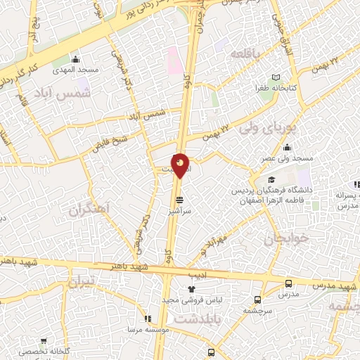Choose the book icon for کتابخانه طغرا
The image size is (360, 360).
click(276, 77)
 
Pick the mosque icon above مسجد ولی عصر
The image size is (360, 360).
click(288, 148)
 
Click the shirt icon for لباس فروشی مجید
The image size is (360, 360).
click(191, 288)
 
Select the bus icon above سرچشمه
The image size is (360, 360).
click(258, 298)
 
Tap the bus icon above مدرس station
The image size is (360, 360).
click(289, 284)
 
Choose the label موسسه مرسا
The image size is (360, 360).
click(146, 329)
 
